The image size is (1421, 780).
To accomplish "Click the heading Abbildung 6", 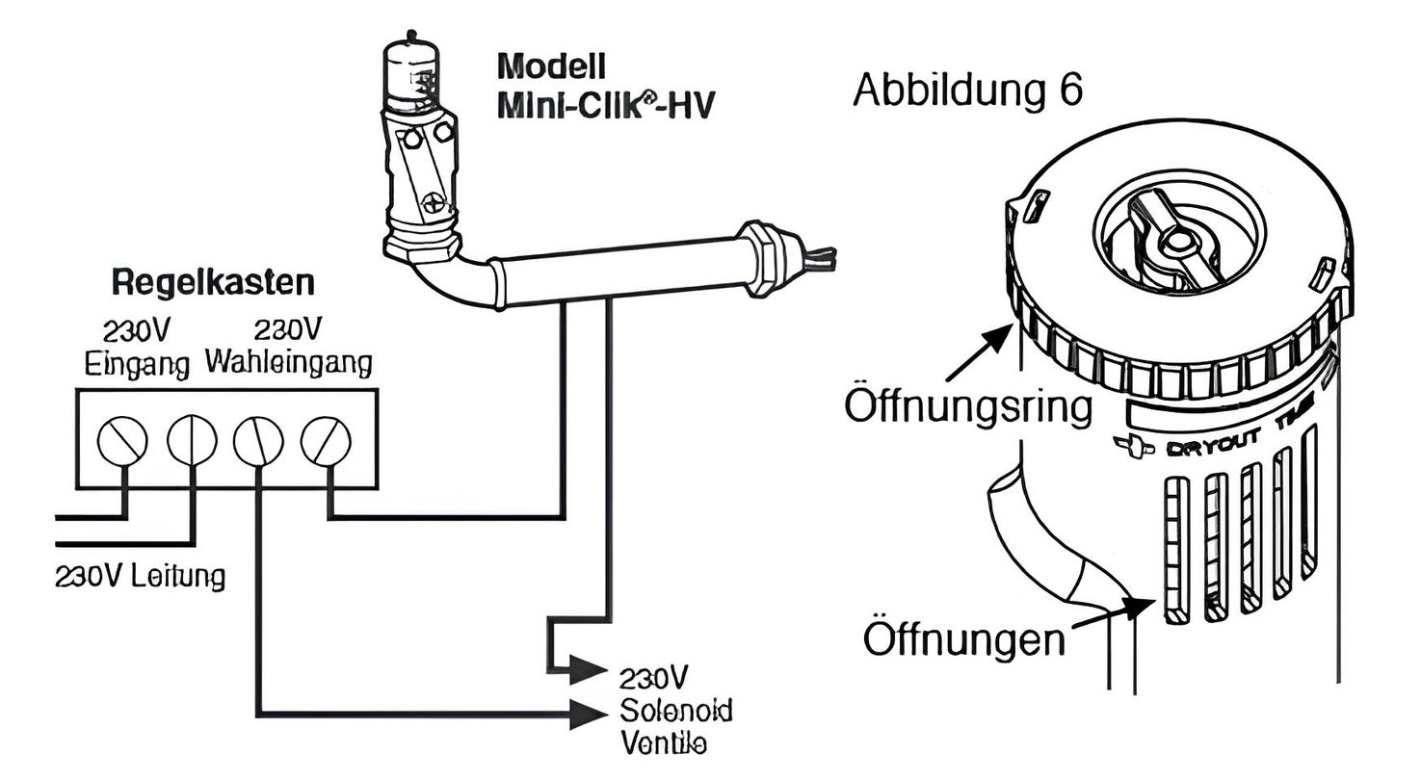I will pos(967,91).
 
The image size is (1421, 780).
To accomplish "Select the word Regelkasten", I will pos(213,283).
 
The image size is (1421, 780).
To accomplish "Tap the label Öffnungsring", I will pos(968,405).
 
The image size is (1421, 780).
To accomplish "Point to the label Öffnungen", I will pos(963,638).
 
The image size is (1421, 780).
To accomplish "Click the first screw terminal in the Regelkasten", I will pos(122,442).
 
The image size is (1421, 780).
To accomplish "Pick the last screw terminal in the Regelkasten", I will pos(326,442).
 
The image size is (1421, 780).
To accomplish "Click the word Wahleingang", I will pos(288,364).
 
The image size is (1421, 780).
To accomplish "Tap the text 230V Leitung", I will pos(141,577).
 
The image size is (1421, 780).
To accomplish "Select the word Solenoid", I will pos(675,712).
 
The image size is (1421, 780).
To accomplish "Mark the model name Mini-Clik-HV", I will pos(606,103).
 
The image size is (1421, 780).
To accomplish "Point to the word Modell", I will pos(551,66).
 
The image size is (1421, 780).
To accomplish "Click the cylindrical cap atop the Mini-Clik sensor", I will pos(412,73).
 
